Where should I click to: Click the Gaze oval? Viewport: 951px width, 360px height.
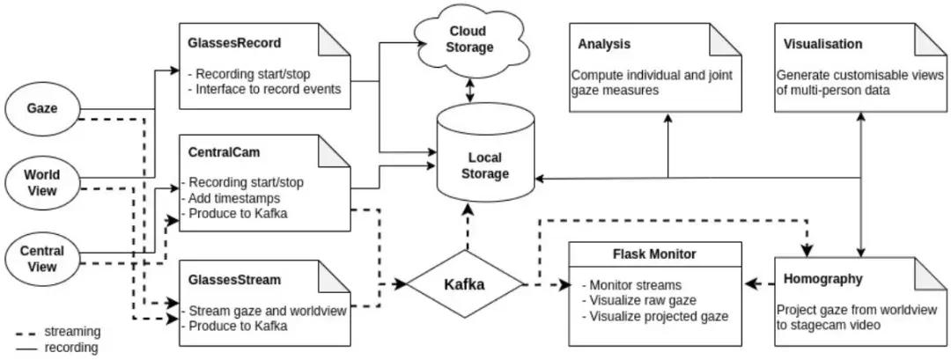click(x=42, y=109)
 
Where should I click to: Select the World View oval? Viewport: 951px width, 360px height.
click(x=42, y=182)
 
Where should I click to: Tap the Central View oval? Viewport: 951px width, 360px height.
click(x=42, y=257)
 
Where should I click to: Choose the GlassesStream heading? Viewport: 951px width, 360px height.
click(x=233, y=281)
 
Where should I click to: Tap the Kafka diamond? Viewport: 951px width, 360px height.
click(x=464, y=284)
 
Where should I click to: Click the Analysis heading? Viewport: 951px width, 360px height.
click(x=605, y=44)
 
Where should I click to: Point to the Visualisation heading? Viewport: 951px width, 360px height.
click(x=822, y=44)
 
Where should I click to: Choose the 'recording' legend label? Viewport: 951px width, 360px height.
click(x=72, y=348)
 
